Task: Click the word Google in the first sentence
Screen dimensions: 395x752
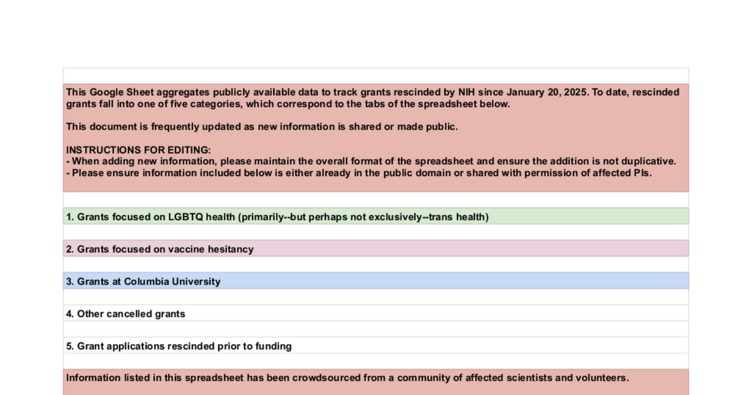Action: pyautogui.click(x=106, y=92)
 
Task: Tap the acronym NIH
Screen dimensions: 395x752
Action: pyautogui.click(x=466, y=92)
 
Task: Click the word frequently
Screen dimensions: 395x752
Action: pyautogui.click(x=175, y=127)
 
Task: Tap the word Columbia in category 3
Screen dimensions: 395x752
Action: pyautogui.click(x=147, y=282)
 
